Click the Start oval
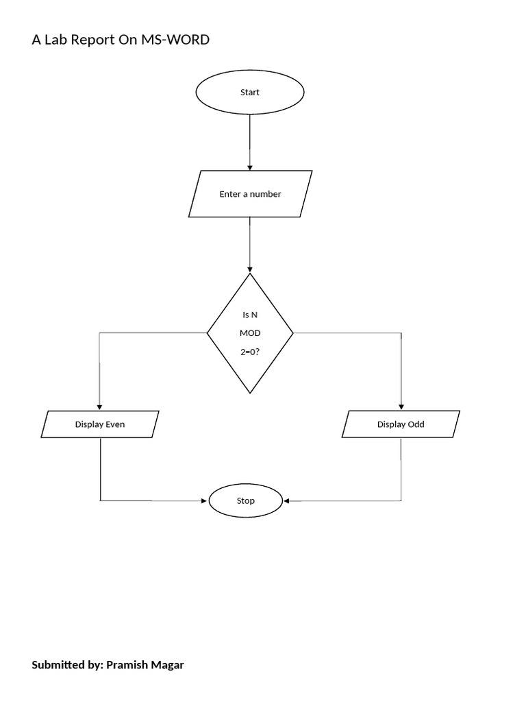click(250, 93)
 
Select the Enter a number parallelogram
click(250, 194)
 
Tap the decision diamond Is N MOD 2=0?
click(250, 333)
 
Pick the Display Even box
click(100, 424)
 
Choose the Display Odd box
click(401, 424)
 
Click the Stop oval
click(245, 501)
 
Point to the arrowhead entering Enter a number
click(250, 167)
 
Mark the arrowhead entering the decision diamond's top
click(250, 269)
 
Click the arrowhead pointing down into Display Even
click(100, 407)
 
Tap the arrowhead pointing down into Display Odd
click(401, 407)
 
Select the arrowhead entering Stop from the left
click(204, 501)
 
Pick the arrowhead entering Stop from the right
click(287, 501)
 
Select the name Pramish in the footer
click(127, 665)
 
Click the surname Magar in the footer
click(168, 665)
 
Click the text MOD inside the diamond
click(250, 333)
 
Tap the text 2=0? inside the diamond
click(250, 351)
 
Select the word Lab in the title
click(55, 40)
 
